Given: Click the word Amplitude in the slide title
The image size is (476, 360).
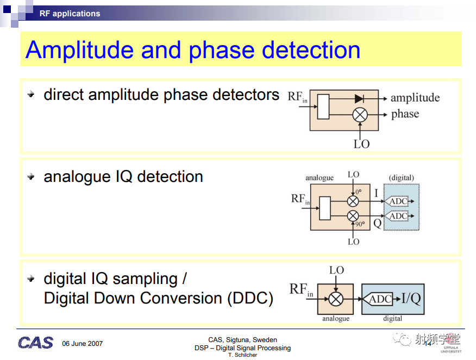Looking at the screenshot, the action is [79, 50].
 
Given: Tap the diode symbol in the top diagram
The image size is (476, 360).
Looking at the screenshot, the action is [359, 98].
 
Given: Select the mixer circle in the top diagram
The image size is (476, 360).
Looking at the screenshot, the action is [360, 115].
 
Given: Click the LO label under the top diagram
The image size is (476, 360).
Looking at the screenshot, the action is [361, 144].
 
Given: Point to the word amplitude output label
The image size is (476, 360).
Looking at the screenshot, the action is [415, 98].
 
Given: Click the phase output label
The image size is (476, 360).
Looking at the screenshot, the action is [405, 115].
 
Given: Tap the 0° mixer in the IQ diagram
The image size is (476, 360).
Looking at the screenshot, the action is [353, 201].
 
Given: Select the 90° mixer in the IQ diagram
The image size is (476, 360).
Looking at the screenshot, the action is [353, 216].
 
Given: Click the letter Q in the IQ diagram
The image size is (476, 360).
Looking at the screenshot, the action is [377, 224].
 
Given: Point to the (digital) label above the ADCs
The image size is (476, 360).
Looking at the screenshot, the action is [402, 178].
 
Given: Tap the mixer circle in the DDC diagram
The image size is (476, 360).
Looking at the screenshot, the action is [336, 299].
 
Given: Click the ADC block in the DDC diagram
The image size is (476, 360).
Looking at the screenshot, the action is [378, 299].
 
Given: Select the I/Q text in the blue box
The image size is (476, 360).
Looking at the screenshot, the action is [411, 299].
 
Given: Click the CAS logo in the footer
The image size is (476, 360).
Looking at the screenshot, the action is [35, 343].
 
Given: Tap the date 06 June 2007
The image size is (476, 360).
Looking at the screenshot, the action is [82, 344].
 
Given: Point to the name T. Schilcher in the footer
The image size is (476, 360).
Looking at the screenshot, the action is [242, 355].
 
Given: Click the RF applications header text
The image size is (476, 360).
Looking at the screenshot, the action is [70, 14].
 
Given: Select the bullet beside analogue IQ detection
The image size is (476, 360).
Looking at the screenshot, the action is [31, 176].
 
